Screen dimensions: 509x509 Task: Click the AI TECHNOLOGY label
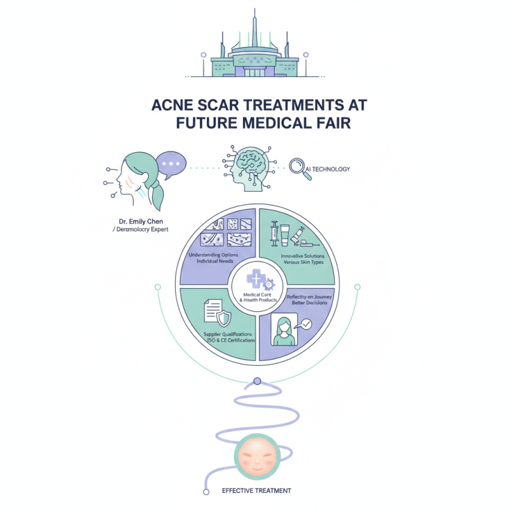(329, 169)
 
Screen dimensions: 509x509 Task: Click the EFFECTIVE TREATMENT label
(257, 491)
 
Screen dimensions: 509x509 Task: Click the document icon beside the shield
(211, 311)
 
